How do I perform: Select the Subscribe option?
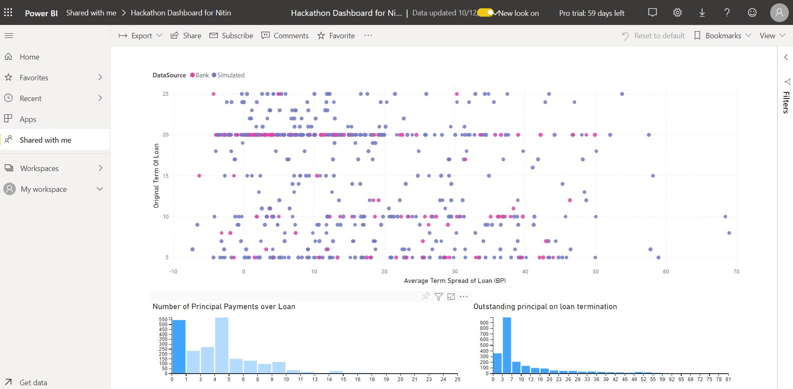[x=231, y=36]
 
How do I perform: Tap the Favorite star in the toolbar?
[x=336, y=36]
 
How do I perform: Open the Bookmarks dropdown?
[x=723, y=36]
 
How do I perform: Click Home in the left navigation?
[x=29, y=57]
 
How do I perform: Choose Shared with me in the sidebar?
[x=45, y=140]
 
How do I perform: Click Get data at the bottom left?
[x=33, y=382]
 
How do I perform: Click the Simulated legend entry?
[x=229, y=75]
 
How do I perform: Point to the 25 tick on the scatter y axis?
[x=165, y=94]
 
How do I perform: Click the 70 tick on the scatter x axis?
[x=736, y=272]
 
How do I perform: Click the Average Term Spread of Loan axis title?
[x=455, y=281]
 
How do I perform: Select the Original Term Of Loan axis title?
[x=156, y=176]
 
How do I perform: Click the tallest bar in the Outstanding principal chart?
[x=507, y=345]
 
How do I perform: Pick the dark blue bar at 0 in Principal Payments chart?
[x=179, y=346]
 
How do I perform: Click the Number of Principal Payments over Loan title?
[x=224, y=307]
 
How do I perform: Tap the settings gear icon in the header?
[x=677, y=13]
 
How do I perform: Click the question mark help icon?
[x=727, y=13]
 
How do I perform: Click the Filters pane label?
[x=786, y=102]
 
